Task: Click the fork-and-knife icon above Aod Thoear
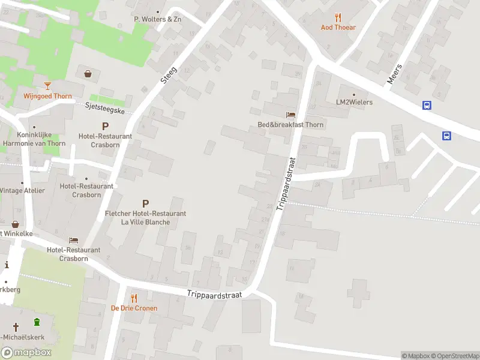(x=338, y=17)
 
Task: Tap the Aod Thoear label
(x=338, y=28)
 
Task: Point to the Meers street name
(x=394, y=74)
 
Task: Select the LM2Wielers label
(x=354, y=102)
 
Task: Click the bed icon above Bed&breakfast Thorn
(x=291, y=115)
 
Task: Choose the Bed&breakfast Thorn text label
(x=291, y=125)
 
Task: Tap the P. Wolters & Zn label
(x=157, y=19)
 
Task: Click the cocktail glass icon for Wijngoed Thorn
(x=47, y=86)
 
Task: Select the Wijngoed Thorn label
(x=47, y=96)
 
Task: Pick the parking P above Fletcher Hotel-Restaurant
(x=145, y=204)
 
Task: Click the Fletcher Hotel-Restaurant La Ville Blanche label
(x=145, y=218)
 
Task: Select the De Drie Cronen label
(x=134, y=308)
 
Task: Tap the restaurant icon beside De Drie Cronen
(x=134, y=298)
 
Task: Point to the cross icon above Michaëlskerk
(x=16, y=327)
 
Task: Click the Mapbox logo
(x=26, y=352)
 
